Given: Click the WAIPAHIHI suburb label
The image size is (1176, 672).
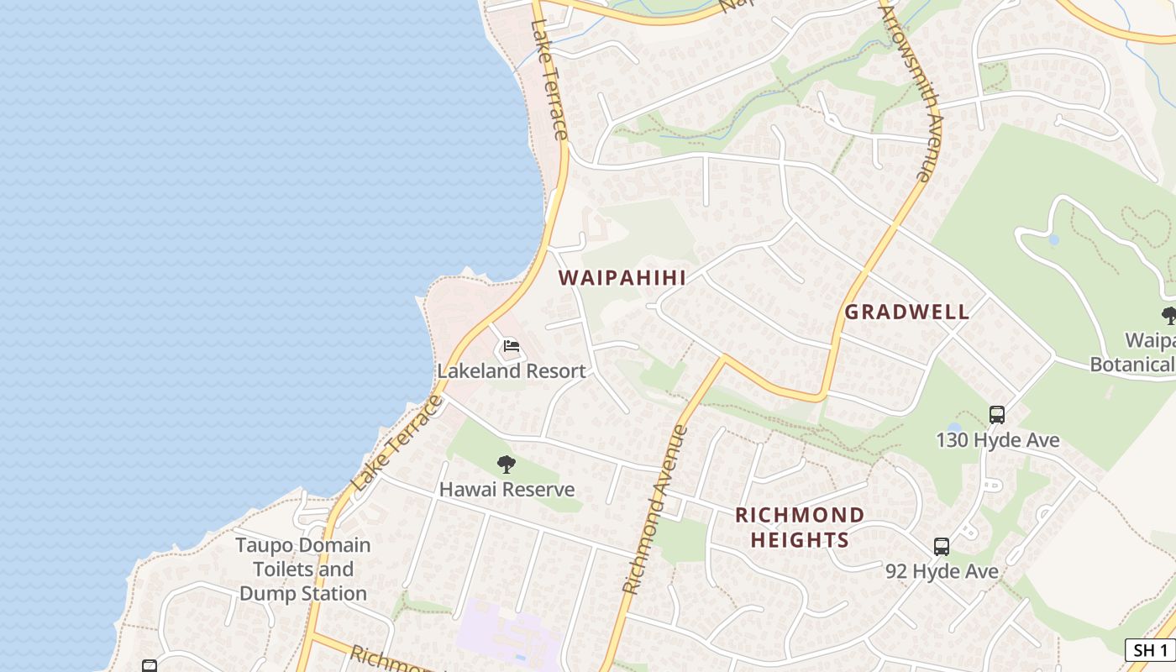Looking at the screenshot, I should pyautogui.click(x=622, y=277).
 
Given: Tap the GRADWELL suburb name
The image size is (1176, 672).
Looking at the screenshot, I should pyautogui.click(x=906, y=312).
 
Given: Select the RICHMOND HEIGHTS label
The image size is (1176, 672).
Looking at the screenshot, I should pyautogui.click(x=800, y=527).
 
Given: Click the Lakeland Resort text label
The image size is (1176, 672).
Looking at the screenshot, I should pyautogui.click(x=511, y=370).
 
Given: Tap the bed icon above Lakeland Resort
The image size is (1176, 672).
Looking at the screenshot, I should pyautogui.click(x=511, y=346).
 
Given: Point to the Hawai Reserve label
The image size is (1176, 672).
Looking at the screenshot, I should pyautogui.click(x=507, y=489).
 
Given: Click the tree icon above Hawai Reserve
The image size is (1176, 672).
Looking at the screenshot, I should pyautogui.click(x=506, y=464).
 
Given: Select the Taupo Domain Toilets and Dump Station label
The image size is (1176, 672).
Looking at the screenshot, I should pyautogui.click(x=302, y=569).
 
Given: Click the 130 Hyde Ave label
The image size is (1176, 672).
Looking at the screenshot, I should pyautogui.click(x=997, y=439).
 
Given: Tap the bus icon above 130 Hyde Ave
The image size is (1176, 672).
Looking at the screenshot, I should pyautogui.click(x=996, y=414).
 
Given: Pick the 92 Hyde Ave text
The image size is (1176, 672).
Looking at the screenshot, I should pyautogui.click(x=942, y=571).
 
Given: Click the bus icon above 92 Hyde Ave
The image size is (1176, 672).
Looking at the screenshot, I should pyautogui.click(x=942, y=546).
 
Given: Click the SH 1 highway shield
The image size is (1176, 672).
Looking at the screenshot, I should pyautogui.click(x=1149, y=649).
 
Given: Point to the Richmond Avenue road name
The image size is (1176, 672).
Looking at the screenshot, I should pyautogui.click(x=656, y=511).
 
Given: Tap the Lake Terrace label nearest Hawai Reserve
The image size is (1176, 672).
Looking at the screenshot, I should pyautogui.click(x=397, y=444).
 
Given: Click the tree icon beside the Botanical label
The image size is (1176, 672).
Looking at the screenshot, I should pyautogui.click(x=1168, y=316).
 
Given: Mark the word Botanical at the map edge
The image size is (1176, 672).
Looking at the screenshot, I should pyautogui.click(x=1131, y=364).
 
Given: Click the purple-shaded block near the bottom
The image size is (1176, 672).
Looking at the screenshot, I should pyautogui.click(x=504, y=634).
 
